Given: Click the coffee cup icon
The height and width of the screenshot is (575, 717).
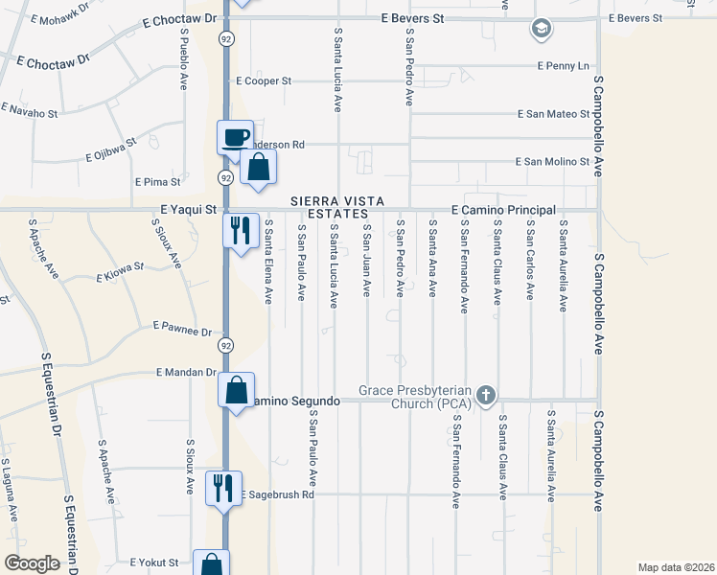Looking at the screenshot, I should click(x=235, y=137).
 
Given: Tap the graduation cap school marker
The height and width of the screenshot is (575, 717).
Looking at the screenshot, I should click(x=542, y=29).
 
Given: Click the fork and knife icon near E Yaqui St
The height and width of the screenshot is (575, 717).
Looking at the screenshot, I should click(x=240, y=229).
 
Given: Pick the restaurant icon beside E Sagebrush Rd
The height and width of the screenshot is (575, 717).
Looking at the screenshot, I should click(x=222, y=487).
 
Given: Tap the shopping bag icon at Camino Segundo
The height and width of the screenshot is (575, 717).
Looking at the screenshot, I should click(x=236, y=389).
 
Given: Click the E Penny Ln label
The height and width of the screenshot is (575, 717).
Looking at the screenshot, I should click(x=563, y=66).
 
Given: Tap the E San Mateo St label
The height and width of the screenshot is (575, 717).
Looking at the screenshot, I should click(x=553, y=114).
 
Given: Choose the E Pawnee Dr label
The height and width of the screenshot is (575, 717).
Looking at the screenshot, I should click(x=181, y=332).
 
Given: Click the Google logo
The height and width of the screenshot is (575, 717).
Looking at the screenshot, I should click(x=32, y=563).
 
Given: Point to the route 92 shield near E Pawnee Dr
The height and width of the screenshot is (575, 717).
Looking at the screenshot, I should click(x=226, y=345).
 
